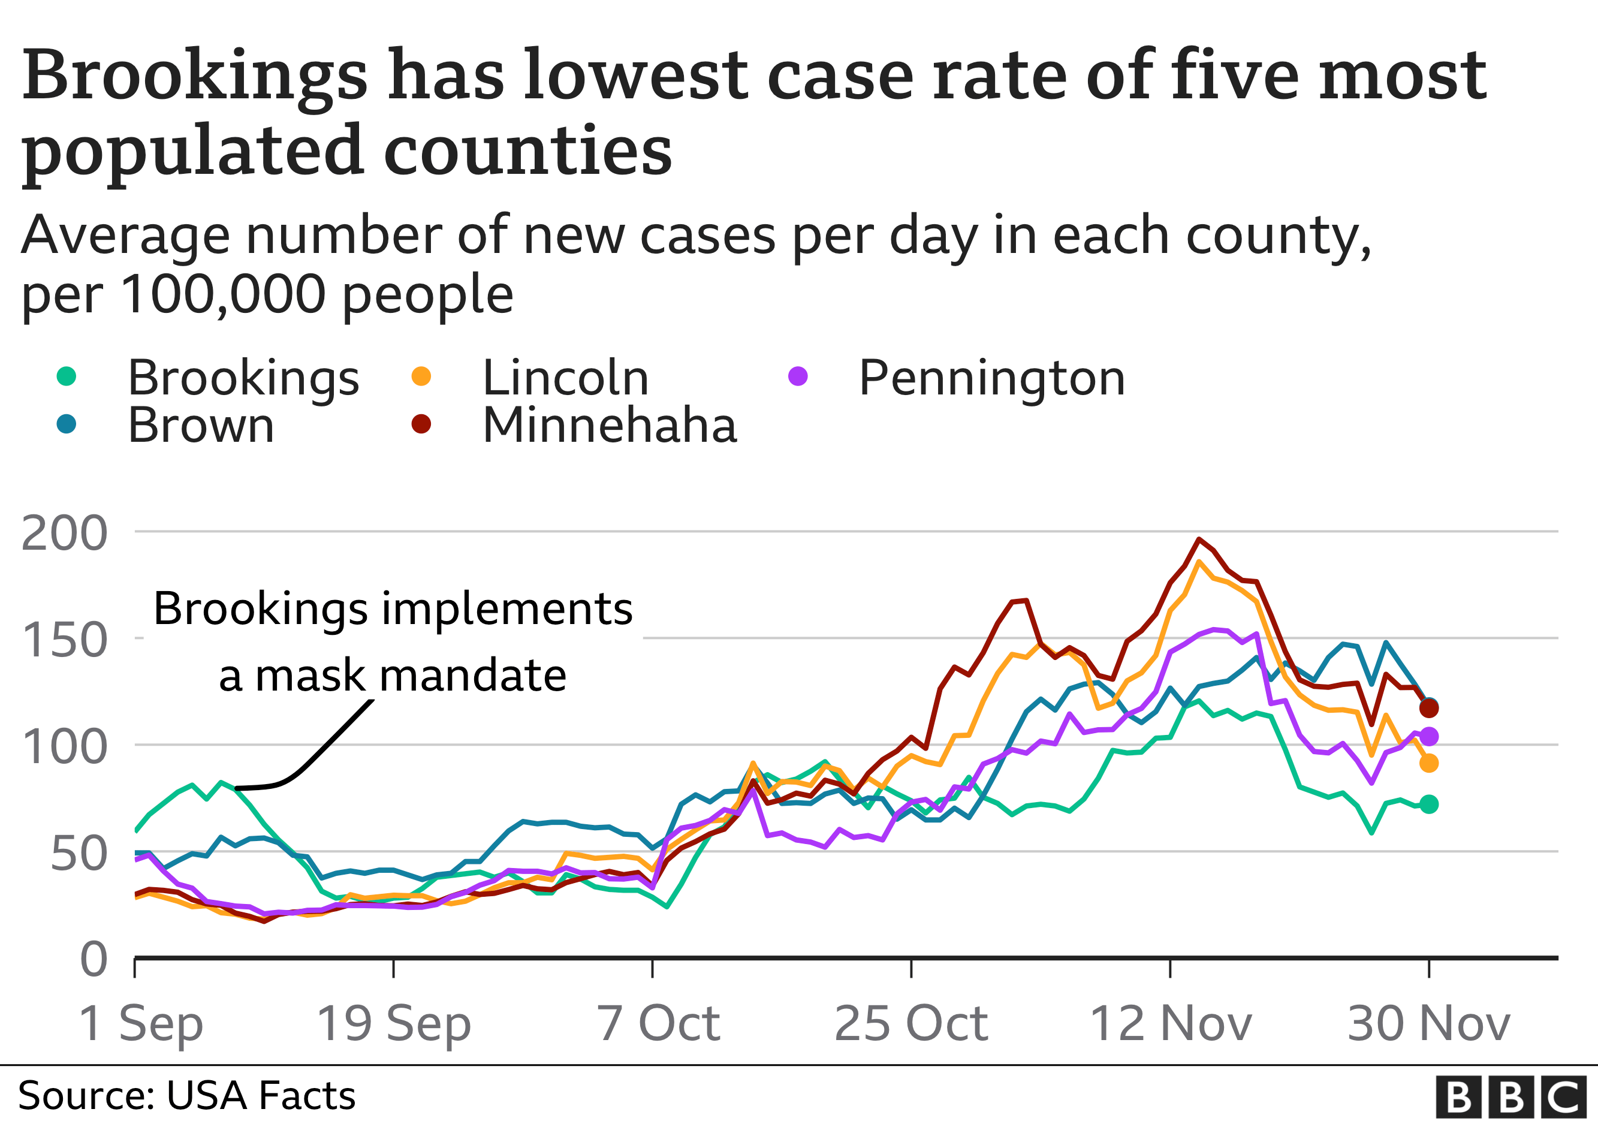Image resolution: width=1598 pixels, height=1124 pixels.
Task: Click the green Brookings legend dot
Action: (66, 376)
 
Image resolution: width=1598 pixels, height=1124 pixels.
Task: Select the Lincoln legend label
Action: (565, 378)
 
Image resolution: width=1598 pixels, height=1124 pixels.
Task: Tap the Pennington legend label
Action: (991, 378)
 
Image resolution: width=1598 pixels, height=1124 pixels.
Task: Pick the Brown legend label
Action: (201, 424)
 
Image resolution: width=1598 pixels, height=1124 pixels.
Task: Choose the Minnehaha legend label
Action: (609, 424)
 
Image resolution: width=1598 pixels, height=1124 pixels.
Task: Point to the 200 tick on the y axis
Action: (65, 534)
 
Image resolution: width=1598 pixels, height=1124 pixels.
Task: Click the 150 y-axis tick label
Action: (65, 640)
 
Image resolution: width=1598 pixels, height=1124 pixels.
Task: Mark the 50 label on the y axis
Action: (79, 854)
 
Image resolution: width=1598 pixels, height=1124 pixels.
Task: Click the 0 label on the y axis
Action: (94, 960)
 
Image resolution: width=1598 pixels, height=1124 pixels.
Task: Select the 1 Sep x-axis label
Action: (141, 1024)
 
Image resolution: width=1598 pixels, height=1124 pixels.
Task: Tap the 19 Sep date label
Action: (394, 1024)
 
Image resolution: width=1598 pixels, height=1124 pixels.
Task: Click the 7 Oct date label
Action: (658, 1024)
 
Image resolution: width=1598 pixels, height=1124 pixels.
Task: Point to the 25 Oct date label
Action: (911, 1024)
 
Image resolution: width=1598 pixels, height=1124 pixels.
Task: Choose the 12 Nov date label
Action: (1171, 1024)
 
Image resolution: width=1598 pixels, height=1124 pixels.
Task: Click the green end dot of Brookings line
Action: (1429, 804)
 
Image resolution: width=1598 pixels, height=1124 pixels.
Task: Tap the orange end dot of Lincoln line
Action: (1429, 764)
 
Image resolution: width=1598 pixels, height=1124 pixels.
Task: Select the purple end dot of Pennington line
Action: (1429, 736)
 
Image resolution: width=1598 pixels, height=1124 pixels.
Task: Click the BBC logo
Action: (1511, 1097)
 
